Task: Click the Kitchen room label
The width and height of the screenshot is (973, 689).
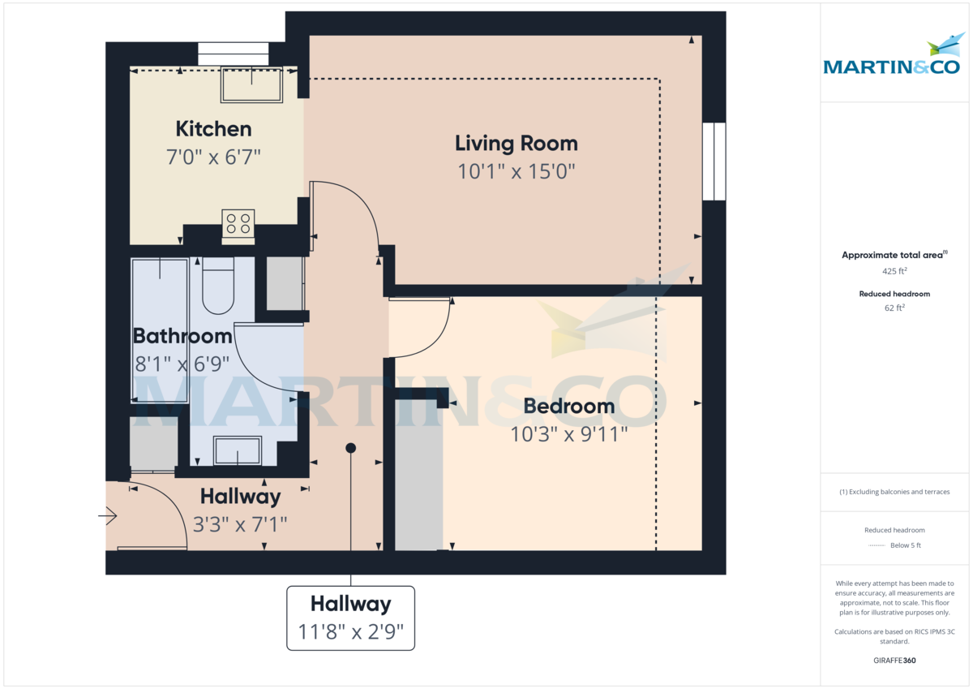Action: [213, 129]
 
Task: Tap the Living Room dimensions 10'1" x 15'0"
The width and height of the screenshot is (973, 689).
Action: [516, 171]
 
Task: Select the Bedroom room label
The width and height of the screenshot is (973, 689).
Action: [568, 406]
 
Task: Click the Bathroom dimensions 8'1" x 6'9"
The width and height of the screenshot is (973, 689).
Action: [182, 363]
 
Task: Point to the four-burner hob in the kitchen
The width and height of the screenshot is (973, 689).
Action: [238, 223]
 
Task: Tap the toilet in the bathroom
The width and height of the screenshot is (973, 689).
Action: [218, 289]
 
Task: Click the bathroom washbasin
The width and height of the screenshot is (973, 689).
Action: [238, 450]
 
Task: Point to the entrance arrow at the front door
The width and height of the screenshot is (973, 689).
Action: [109, 515]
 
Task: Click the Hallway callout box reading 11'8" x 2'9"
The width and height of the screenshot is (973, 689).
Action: [350, 618]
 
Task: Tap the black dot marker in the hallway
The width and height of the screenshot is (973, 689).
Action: [350, 448]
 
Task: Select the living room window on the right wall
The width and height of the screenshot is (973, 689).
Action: [714, 161]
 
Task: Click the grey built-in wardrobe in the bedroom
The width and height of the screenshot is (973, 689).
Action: [418, 476]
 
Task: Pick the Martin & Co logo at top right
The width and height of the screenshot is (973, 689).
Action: [891, 57]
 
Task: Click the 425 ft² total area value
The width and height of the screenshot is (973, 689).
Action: [894, 271]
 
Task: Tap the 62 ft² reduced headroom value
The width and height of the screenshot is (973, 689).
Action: [894, 308]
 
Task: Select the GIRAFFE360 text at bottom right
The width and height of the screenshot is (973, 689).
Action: [894, 661]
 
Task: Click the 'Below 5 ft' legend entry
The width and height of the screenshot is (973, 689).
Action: [905, 545]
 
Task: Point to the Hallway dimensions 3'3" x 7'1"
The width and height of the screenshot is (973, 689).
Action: [240, 524]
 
